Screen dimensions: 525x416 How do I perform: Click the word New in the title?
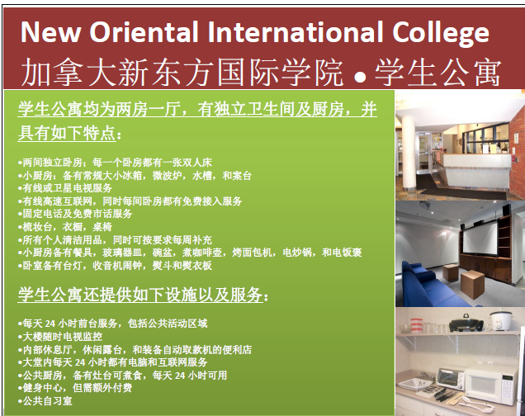click(50, 32)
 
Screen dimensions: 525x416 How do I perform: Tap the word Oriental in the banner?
click(144, 32)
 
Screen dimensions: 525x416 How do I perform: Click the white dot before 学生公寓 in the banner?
click(360, 77)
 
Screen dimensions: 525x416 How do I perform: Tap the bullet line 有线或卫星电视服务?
click(65, 188)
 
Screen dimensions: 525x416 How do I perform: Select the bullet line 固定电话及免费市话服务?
click(75, 214)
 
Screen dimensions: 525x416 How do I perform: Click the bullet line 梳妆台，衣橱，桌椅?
click(65, 227)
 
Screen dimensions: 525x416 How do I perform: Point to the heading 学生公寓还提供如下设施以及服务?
click(143, 295)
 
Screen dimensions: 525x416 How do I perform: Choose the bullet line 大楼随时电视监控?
click(60, 336)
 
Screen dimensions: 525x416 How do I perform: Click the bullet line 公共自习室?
click(45, 401)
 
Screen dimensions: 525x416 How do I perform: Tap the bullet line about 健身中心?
click(75, 388)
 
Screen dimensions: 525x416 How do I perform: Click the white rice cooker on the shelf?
click(501, 320)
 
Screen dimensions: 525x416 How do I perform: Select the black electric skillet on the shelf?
click(466, 323)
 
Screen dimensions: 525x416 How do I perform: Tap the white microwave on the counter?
click(491, 385)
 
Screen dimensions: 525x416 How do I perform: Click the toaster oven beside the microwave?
click(451, 379)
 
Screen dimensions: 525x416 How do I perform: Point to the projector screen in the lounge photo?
click(480, 239)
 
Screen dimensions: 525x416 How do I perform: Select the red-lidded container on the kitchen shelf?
click(416, 325)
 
